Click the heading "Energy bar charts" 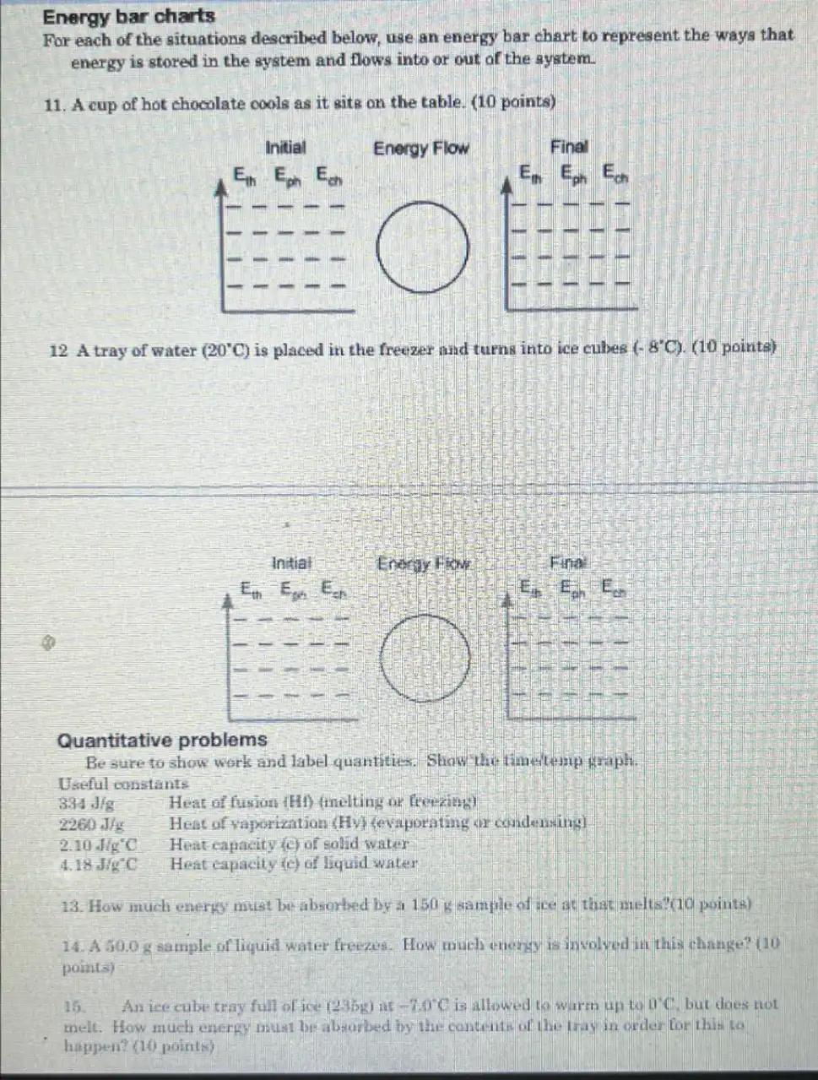[x=128, y=16]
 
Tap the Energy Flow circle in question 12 [x=425, y=659]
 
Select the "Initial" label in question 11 [x=285, y=148]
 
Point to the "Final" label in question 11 [x=569, y=147]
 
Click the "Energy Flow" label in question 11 [x=420, y=149]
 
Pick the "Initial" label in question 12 [x=291, y=562]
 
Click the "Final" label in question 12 [x=567, y=562]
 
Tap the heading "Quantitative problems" [x=161, y=741]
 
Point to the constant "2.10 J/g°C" [x=99, y=844]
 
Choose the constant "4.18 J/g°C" [x=99, y=864]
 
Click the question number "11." [x=55, y=105]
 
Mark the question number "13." [x=73, y=905]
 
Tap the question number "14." [x=73, y=946]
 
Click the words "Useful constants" [x=123, y=784]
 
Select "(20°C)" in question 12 [x=225, y=350]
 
